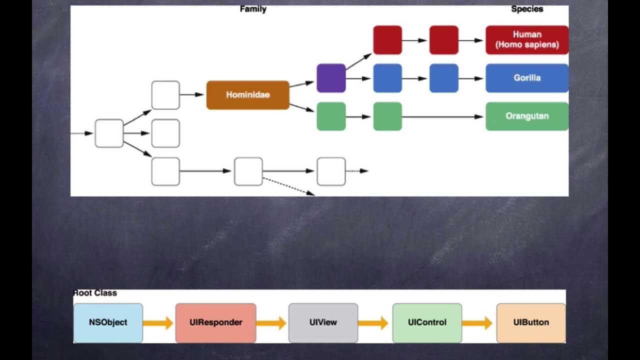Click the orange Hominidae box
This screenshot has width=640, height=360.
tap(247, 95)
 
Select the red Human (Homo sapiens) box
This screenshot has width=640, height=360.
tap(526, 40)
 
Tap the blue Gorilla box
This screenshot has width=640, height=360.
tap(526, 78)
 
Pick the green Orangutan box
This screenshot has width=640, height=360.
tap(526, 116)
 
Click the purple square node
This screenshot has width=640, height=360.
tap(331, 78)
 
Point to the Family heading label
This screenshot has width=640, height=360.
tap(253, 9)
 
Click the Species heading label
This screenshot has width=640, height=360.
tap(526, 9)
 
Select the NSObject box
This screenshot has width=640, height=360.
tap(108, 322)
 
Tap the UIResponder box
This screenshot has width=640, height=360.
tap(215, 322)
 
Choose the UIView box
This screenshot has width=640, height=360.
tap(323, 322)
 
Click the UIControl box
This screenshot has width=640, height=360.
tap(427, 322)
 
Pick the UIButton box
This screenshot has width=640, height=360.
tap(530, 322)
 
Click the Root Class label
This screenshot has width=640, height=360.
tap(95, 293)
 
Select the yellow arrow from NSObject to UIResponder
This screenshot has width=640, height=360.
tap(158, 323)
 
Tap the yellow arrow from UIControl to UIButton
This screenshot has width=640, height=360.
tap(477, 323)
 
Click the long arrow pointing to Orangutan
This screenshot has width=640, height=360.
tap(442, 116)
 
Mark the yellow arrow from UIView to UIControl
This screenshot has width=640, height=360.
tap(373, 323)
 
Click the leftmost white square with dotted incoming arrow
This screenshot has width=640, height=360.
tap(109, 133)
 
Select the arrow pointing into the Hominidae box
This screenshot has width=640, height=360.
tap(192, 94)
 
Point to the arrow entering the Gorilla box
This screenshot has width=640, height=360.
tap(471, 78)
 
